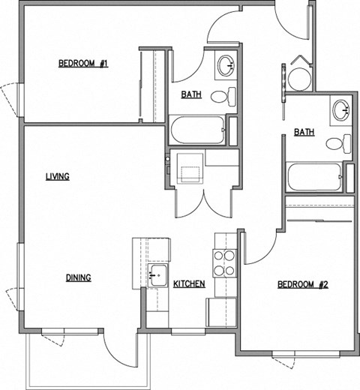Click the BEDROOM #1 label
tap(82, 64)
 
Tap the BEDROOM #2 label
tap(304, 284)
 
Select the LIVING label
tap(57, 177)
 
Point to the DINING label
tap(78, 277)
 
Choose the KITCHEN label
tap(189, 284)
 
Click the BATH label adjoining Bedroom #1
tap(191, 94)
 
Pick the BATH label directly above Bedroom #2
tap(304, 132)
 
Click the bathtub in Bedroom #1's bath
tap(197, 131)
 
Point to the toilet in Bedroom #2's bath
tap(340, 142)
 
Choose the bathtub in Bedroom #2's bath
tap(313, 178)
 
